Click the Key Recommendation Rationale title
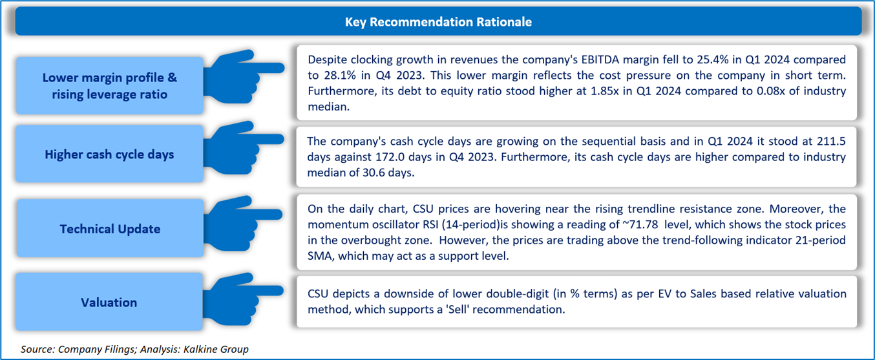point(438,22)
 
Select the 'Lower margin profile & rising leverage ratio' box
point(109,85)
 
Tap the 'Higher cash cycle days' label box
point(109,154)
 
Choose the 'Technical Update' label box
point(110,228)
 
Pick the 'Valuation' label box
point(109,302)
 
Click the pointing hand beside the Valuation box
point(243,299)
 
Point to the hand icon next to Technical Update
point(243,223)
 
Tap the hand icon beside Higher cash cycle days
point(243,148)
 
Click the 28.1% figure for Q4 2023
point(340,75)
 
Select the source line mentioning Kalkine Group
point(134,349)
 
